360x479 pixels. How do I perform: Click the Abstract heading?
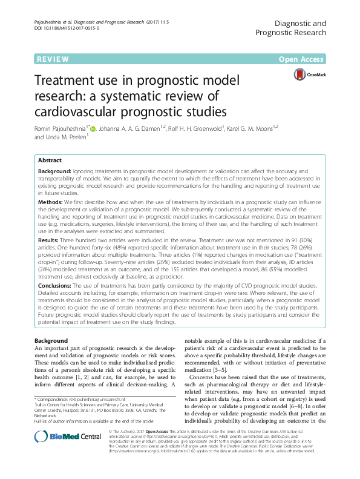pos(50,160)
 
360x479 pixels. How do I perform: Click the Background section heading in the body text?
pos(51,341)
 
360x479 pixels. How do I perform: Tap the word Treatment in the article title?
pos(65,82)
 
